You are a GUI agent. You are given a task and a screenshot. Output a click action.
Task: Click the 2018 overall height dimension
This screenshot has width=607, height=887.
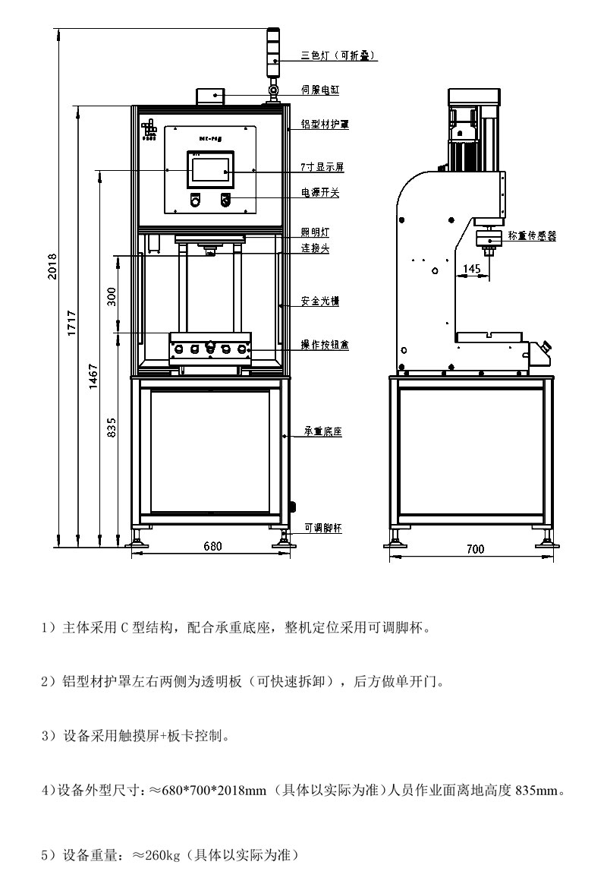point(52,266)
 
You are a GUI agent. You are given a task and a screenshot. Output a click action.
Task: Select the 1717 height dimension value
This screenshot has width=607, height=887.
point(73,324)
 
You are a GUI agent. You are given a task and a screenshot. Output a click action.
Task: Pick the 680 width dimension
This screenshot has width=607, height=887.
point(212,546)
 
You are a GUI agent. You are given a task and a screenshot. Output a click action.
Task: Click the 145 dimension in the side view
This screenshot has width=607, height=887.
point(471,269)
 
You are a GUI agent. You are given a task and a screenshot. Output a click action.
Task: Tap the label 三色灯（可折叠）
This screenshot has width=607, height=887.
point(338,55)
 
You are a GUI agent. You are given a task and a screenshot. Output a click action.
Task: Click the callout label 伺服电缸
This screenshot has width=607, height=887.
point(319,90)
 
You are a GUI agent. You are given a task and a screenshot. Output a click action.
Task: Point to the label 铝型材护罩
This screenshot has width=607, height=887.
point(325,123)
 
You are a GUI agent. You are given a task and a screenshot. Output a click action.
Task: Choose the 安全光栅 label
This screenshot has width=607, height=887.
point(319,301)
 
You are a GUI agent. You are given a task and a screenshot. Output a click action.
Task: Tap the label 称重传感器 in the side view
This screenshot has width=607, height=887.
point(532,237)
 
